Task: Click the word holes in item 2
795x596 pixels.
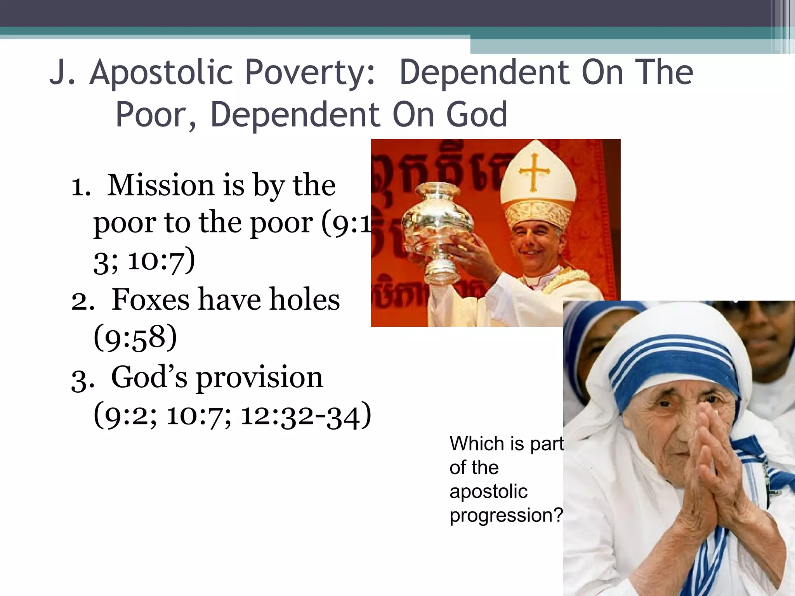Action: point(304,300)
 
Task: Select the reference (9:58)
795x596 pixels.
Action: point(135,338)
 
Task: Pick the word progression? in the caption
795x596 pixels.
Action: point(506,515)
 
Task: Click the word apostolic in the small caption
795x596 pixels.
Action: point(488,491)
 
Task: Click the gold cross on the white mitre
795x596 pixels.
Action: point(535,172)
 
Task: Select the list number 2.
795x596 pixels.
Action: point(82,301)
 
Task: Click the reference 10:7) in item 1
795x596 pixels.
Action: point(161,260)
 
